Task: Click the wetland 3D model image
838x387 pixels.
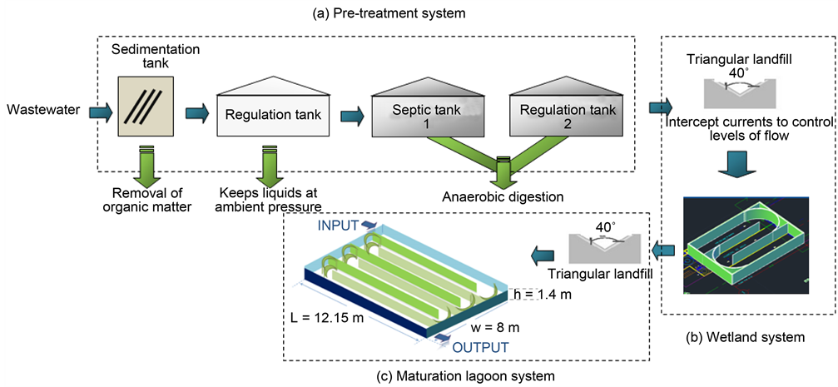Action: tap(748, 241)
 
